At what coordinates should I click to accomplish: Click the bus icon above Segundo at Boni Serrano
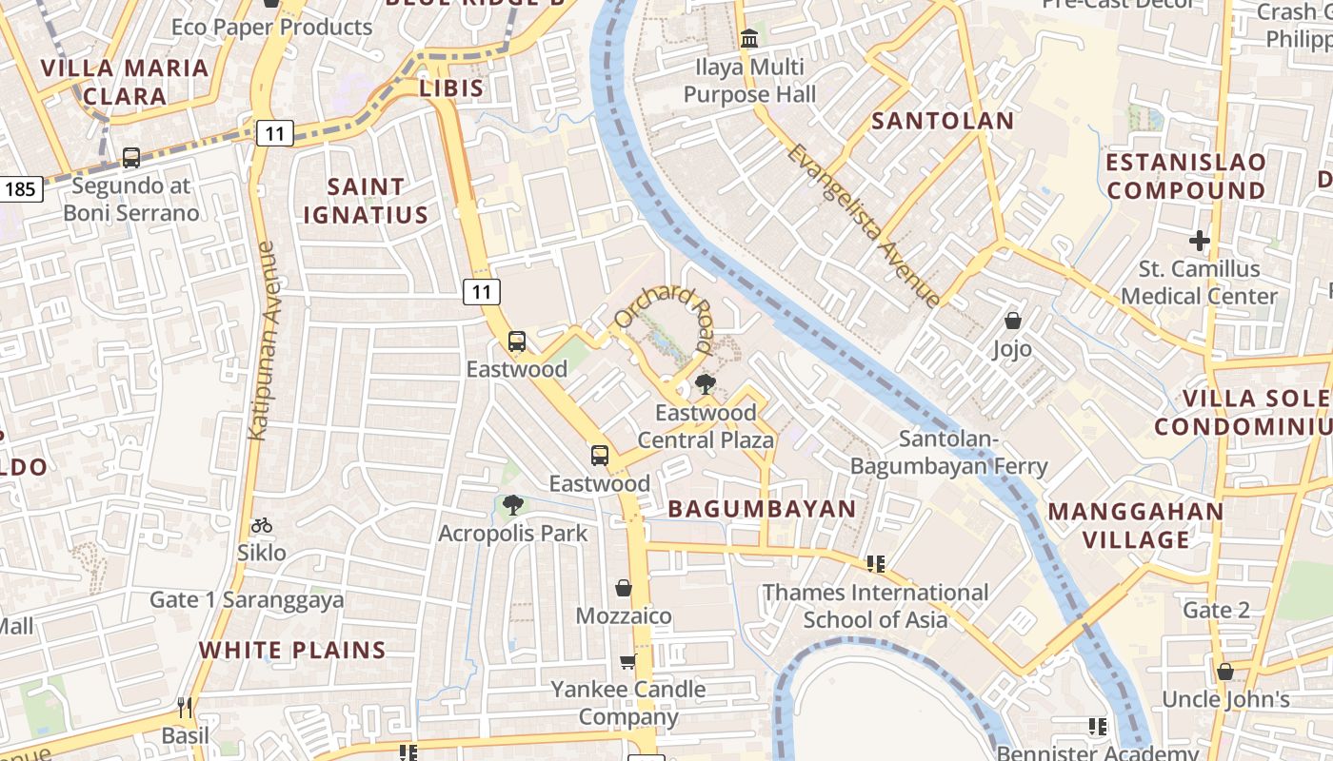131,158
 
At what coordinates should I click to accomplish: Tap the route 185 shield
19,188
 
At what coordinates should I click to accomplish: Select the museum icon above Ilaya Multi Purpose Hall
749,40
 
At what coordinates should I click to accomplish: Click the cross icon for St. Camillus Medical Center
1200,241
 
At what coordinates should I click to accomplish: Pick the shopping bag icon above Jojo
1013,322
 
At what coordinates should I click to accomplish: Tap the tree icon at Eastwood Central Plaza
705,384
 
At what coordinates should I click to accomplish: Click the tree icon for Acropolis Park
512,505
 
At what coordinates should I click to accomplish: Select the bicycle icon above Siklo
262,525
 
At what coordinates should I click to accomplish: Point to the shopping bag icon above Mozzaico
624,588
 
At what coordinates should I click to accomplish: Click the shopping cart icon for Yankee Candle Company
627,661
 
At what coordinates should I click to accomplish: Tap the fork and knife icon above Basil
185,708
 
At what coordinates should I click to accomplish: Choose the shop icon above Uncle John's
1225,672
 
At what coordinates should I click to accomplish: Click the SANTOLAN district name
943,121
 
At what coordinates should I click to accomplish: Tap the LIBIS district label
451,89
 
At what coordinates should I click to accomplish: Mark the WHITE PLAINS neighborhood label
292,651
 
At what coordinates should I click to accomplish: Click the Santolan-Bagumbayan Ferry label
948,453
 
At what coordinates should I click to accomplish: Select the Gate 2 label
1216,610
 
